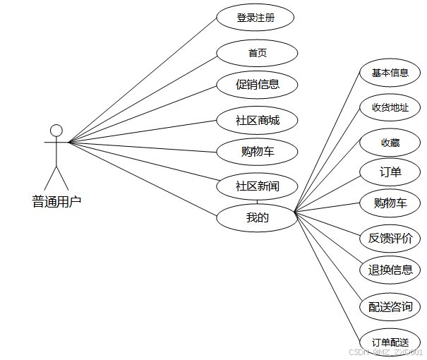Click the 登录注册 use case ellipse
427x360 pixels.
(255, 18)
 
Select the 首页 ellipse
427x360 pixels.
(257, 53)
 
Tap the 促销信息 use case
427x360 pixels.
(257, 85)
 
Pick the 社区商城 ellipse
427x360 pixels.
(257, 120)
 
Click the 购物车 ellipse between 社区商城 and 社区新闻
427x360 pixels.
(257, 152)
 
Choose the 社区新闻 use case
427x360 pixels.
(257, 186)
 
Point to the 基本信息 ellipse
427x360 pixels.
(390, 73)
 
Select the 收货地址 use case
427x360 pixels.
(390, 107)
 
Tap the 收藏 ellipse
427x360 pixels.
(390, 143)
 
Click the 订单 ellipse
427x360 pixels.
(390, 172)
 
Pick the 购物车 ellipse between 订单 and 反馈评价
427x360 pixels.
(390, 203)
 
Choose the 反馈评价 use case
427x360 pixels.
(390, 238)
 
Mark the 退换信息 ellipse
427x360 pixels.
(390, 270)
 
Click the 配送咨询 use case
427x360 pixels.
(390, 307)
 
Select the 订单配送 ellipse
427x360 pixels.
(390, 342)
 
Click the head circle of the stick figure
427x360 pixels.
(56, 131)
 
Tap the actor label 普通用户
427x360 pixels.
(56, 202)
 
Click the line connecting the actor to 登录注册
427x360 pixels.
(141, 79)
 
